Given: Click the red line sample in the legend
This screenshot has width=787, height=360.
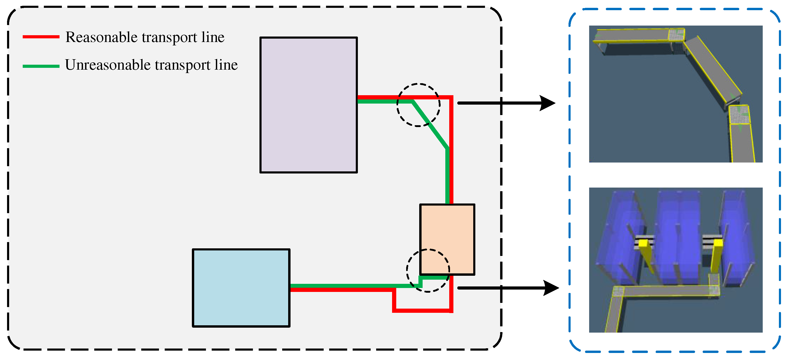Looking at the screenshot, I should [x=41, y=37].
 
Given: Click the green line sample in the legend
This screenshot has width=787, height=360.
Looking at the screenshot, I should [x=41, y=66].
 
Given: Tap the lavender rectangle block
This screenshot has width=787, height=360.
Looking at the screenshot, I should [x=308, y=105].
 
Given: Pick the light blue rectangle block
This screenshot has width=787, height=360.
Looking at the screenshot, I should [x=241, y=288].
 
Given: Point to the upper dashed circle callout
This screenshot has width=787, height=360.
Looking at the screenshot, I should [x=418, y=84].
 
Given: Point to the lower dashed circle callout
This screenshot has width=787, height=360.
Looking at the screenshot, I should [x=428, y=250].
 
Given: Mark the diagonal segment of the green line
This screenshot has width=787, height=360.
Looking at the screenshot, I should [x=430, y=125].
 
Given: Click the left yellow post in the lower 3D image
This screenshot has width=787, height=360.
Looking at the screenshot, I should [x=645, y=254].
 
